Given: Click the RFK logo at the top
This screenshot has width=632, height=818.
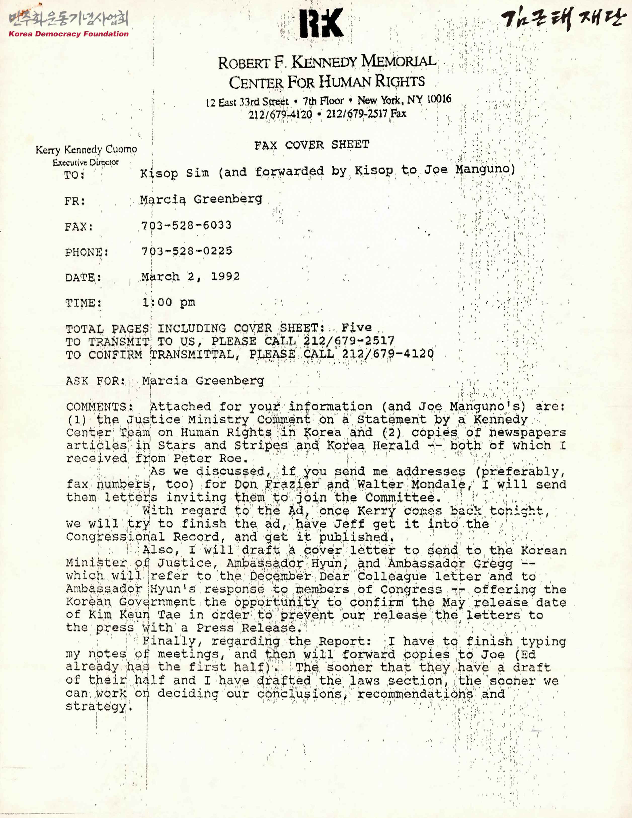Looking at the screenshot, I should tap(322, 23).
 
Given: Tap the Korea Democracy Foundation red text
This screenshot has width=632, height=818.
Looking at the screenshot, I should tap(68, 34).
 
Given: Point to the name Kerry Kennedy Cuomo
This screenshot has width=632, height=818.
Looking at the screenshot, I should tap(86, 150).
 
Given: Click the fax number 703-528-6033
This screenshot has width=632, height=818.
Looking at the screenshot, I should tap(186, 225).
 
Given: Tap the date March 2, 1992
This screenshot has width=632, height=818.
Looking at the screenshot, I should tap(190, 276).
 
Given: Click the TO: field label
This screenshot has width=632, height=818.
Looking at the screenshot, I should tap(74, 175).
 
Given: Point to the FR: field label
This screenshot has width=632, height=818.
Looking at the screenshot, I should tap(75, 201).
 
